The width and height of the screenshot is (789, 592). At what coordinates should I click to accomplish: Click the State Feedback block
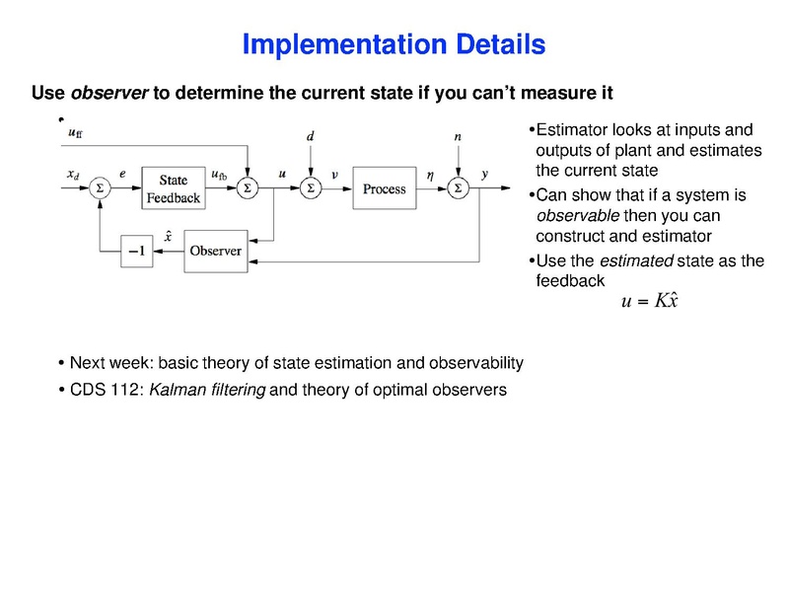pyautogui.click(x=173, y=188)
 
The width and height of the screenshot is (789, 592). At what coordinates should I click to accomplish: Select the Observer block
pyautogui.click(x=215, y=251)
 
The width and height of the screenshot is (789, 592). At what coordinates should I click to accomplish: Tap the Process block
pyautogui.click(x=384, y=188)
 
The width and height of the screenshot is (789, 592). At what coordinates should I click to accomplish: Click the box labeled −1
pyautogui.click(x=136, y=252)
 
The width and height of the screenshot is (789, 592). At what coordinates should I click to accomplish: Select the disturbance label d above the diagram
pyautogui.click(x=311, y=137)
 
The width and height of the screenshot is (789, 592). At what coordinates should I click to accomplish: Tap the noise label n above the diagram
pyautogui.click(x=458, y=137)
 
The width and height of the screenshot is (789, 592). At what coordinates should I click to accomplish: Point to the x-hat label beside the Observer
pyautogui.click(x=170, y=235)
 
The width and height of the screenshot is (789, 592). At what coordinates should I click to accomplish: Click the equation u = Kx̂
pyautogui.click(x=650, y=301)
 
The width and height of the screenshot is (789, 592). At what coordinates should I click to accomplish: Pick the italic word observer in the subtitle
pyautogui.click(x=109, y=94)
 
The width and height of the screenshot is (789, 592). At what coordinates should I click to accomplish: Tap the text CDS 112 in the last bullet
pyautogui.click(x=103, y=390)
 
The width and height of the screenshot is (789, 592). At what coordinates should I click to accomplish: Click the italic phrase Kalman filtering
pyautogui.click(x=206, y=390)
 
